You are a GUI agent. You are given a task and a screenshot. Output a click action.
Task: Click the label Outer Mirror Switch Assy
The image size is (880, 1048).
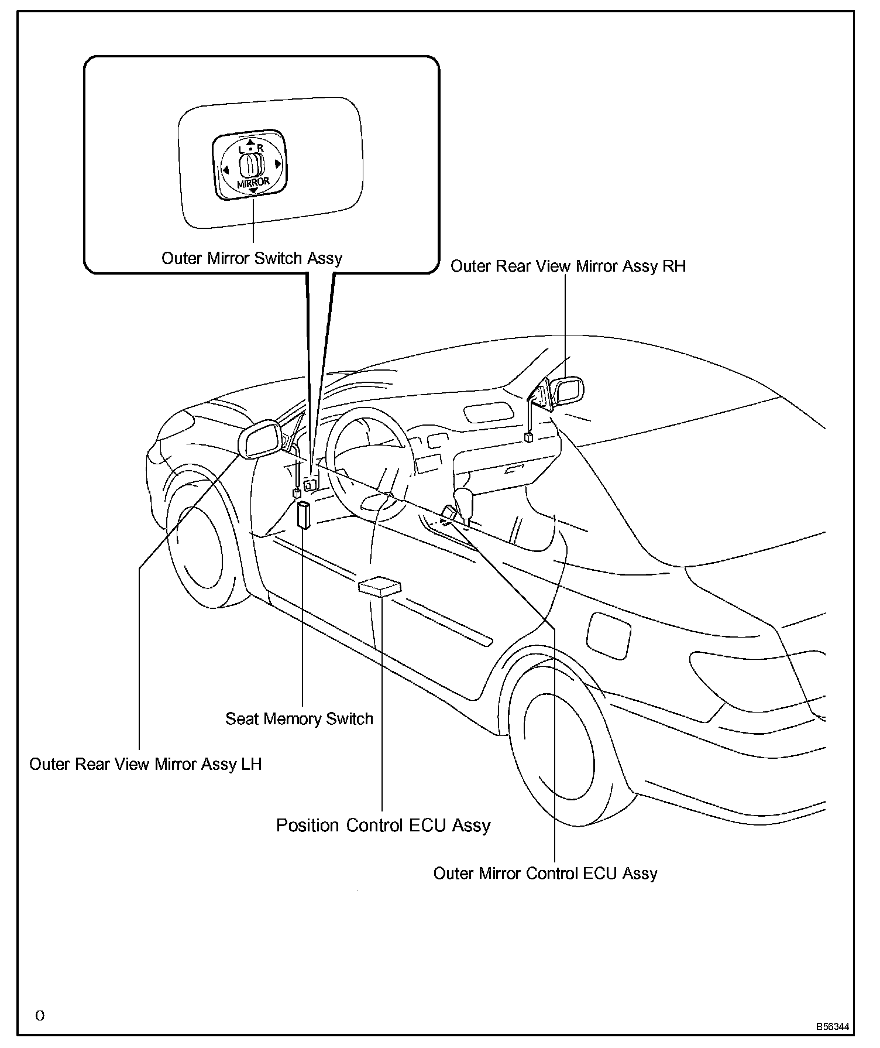click(x=252, y=258)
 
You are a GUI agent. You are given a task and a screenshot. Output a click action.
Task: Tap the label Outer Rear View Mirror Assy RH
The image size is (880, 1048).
click(x=568, y=266)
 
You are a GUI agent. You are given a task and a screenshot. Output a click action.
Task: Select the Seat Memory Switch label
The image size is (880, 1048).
click(x=299, y=718)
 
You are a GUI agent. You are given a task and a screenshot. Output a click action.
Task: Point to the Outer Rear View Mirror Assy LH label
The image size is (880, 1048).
click(x=145, y=764)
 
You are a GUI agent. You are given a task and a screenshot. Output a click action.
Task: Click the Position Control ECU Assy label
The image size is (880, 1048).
click(x=383, y=825)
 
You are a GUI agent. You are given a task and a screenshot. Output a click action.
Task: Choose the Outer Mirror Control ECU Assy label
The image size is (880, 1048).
click(x=545, y=873)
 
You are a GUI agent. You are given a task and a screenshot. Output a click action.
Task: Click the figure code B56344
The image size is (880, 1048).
click(x=833, y=1027)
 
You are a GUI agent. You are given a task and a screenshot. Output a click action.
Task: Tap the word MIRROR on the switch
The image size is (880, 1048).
click(x=253, y=183)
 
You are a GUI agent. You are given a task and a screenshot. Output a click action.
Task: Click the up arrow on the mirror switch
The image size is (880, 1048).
click(x=250, y=142)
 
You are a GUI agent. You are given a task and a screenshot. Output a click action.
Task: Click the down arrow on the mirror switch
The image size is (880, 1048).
click(x=253, y=191)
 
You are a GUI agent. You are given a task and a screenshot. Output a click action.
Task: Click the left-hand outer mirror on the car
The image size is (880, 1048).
click(x=261, y=437)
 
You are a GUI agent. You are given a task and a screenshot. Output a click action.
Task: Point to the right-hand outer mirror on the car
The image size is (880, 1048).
click(x=566, y=391)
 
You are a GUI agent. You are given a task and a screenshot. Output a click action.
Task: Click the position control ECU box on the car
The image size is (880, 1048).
click(x=380, y=586)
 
